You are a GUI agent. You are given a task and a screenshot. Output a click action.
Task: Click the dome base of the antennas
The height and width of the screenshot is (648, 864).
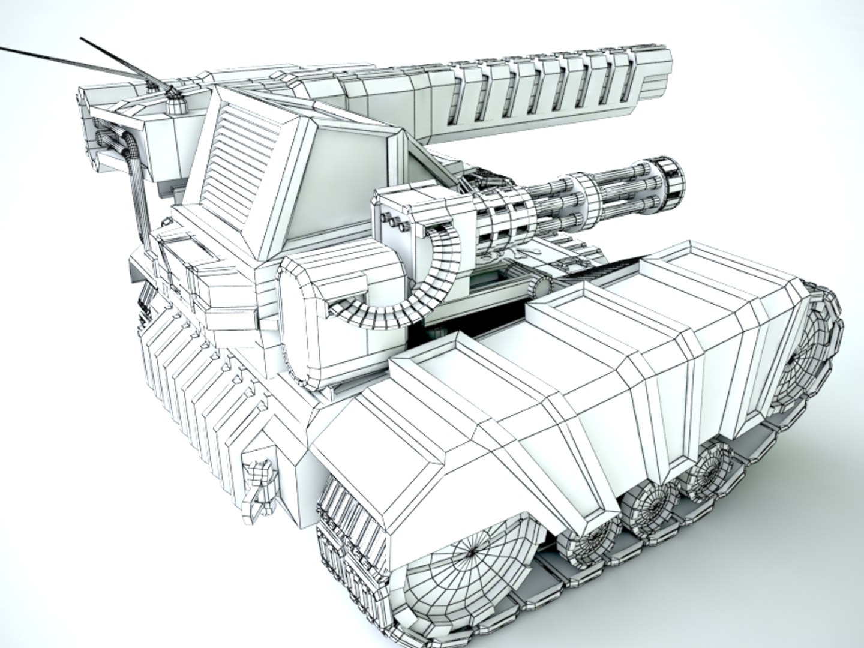pyautogui.click(x=175, y=105)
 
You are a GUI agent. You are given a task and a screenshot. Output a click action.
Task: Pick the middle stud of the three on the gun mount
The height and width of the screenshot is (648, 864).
pyautogui.click(x=395, y=222)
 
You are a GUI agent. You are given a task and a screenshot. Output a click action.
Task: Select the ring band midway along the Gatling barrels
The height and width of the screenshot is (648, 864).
pyautogui.click(x=586, y=192)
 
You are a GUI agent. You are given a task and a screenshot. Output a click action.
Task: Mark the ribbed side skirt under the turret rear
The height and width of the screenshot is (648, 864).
pyautogui.click(x=192, y=384)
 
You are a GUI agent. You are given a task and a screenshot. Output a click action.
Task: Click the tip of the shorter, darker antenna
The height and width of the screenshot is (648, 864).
pyautogui.click(x=83, y=40)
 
